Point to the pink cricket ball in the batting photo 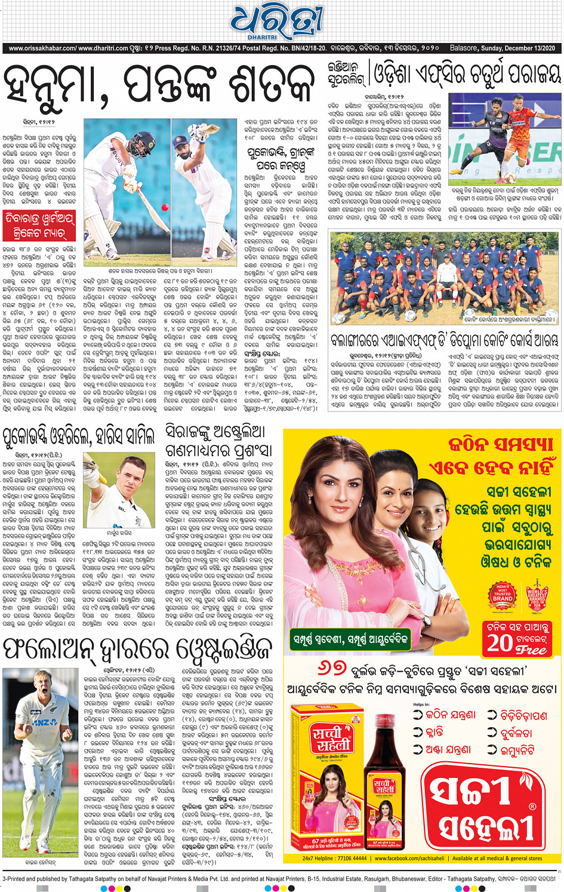pos(164,207)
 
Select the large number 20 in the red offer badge pos(500,642)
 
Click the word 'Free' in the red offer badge pos(531,649)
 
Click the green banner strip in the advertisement pos(351,639)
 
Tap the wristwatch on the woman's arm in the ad pos(426,620)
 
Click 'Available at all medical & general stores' pos(497,858)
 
